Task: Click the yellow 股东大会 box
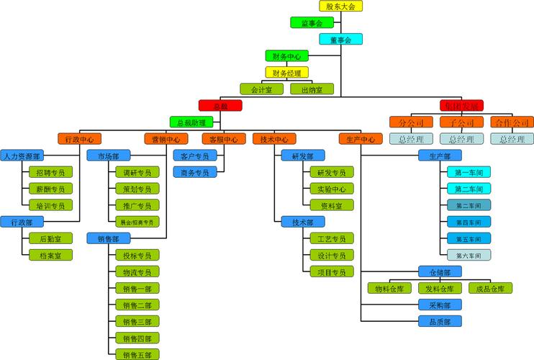point(340,6)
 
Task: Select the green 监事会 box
point(312,23)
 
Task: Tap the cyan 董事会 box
point(340,40)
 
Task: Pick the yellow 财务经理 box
point(286,73)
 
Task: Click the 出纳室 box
point(312,89)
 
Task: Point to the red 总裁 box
point(220,106)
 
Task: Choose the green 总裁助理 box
point(191,122)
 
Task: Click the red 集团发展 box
point(461,106)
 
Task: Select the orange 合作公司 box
point(512,122)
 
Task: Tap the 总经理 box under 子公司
point(461,139)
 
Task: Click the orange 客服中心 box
point(223,139)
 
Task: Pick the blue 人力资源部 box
point(22,156)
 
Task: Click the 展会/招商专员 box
point(137,222)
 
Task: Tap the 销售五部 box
point(137,354)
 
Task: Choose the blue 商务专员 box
point(194,172)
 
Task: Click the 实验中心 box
point(331,189)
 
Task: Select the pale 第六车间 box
point(469,255)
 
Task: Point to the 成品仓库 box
point(490,288)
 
